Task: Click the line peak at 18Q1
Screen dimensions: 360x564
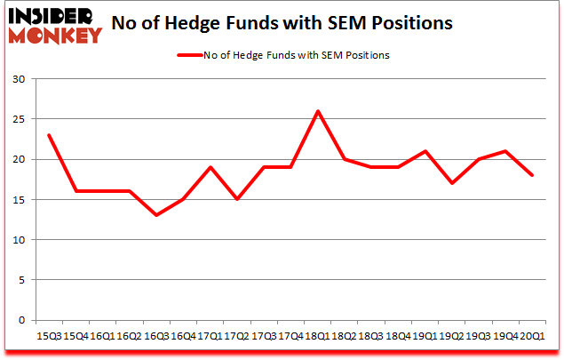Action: [x=317, y=111]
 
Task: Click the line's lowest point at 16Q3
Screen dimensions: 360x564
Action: [x=156, y=215]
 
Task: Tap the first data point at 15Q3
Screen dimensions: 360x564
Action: [x=49, y=135]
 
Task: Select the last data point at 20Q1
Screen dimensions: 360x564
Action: [x=531, y=175]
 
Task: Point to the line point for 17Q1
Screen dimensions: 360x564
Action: [x=210, y=167]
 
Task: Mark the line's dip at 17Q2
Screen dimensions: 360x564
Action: [x=236, y=199]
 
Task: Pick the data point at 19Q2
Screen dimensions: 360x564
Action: [x=451, y=183]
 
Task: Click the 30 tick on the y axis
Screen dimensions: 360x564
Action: [x=19, y=79]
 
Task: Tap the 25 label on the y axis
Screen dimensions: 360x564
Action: [x=19, y=119]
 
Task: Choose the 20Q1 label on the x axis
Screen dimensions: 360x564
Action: [x=531, y=336]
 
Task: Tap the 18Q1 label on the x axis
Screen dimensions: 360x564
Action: [x=317, y=336]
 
